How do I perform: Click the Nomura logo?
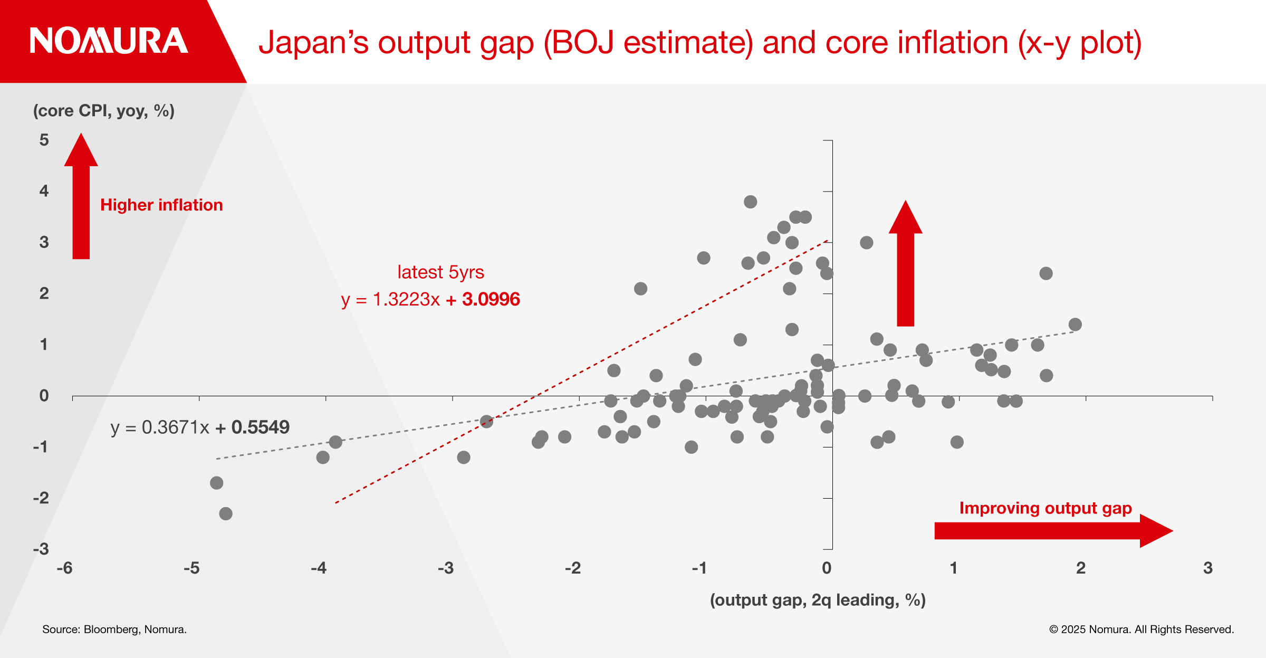click(x=109, y=41)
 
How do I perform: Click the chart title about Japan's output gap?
click(x=699, y=42)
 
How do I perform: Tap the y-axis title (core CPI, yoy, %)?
click(x=104, y=111)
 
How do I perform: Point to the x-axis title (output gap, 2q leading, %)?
click(x=818, y=600)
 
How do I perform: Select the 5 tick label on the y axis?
click(x=44, y=140)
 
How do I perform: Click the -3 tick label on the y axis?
click(x=41, y=549)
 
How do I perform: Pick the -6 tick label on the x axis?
click(x=65, y=568)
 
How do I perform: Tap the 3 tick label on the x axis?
click(x=1208, y=568)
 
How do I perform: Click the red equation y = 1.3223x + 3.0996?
click(x=430, y=300)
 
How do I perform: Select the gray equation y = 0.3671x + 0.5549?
click(x=200, y=427)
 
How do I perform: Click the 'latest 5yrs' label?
click(x=440, y=272)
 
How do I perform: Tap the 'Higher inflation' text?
click(x=161, y=205)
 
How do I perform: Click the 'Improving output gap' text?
click(x=1046, y=508)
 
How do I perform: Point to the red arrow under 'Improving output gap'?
click(x=1053, y=531)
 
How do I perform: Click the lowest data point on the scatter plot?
click(x=226, y=513)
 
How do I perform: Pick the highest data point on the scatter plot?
click(x=751, y=202)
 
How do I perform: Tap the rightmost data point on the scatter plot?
click(x=1075, y=325)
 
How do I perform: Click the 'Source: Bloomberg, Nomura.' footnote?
click(x=114, y=630)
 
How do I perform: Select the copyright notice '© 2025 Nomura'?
click(x=1142, y=630)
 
